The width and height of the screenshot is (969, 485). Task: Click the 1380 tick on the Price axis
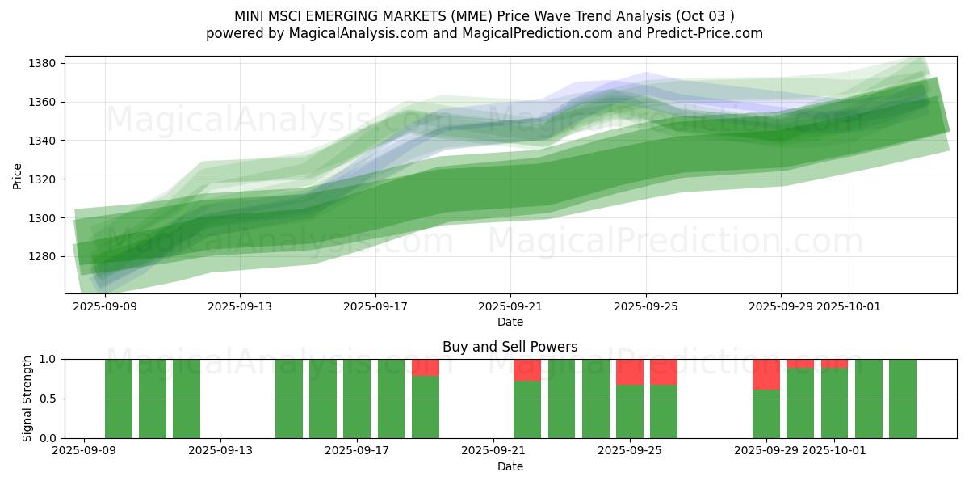click(x=43, y=63)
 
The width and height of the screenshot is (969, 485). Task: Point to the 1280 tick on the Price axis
click(x=43, y=256)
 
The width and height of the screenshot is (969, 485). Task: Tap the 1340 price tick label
click(x=43, y=141)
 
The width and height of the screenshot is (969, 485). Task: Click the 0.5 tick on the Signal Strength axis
click(x=47, y=399)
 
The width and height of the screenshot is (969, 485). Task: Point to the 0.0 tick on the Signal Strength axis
click(x=47, y=438)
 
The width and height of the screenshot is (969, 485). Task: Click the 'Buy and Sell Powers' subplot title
click(x=510, y=347)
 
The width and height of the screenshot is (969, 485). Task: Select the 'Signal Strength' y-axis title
click(x=27, y=399)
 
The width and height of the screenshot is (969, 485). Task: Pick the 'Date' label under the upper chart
click(x=510, y=322)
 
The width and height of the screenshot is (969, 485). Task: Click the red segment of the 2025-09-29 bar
click(x=766, y=374)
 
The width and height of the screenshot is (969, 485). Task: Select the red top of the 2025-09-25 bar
click(x=630, y=372)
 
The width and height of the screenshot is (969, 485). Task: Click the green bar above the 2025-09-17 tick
click(x=357, y=399)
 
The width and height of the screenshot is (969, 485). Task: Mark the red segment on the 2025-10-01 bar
click(x=834, y=363)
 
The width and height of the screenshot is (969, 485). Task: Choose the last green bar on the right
click(x=902, y=399)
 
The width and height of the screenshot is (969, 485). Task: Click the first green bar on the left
click(x=119, y=399)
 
